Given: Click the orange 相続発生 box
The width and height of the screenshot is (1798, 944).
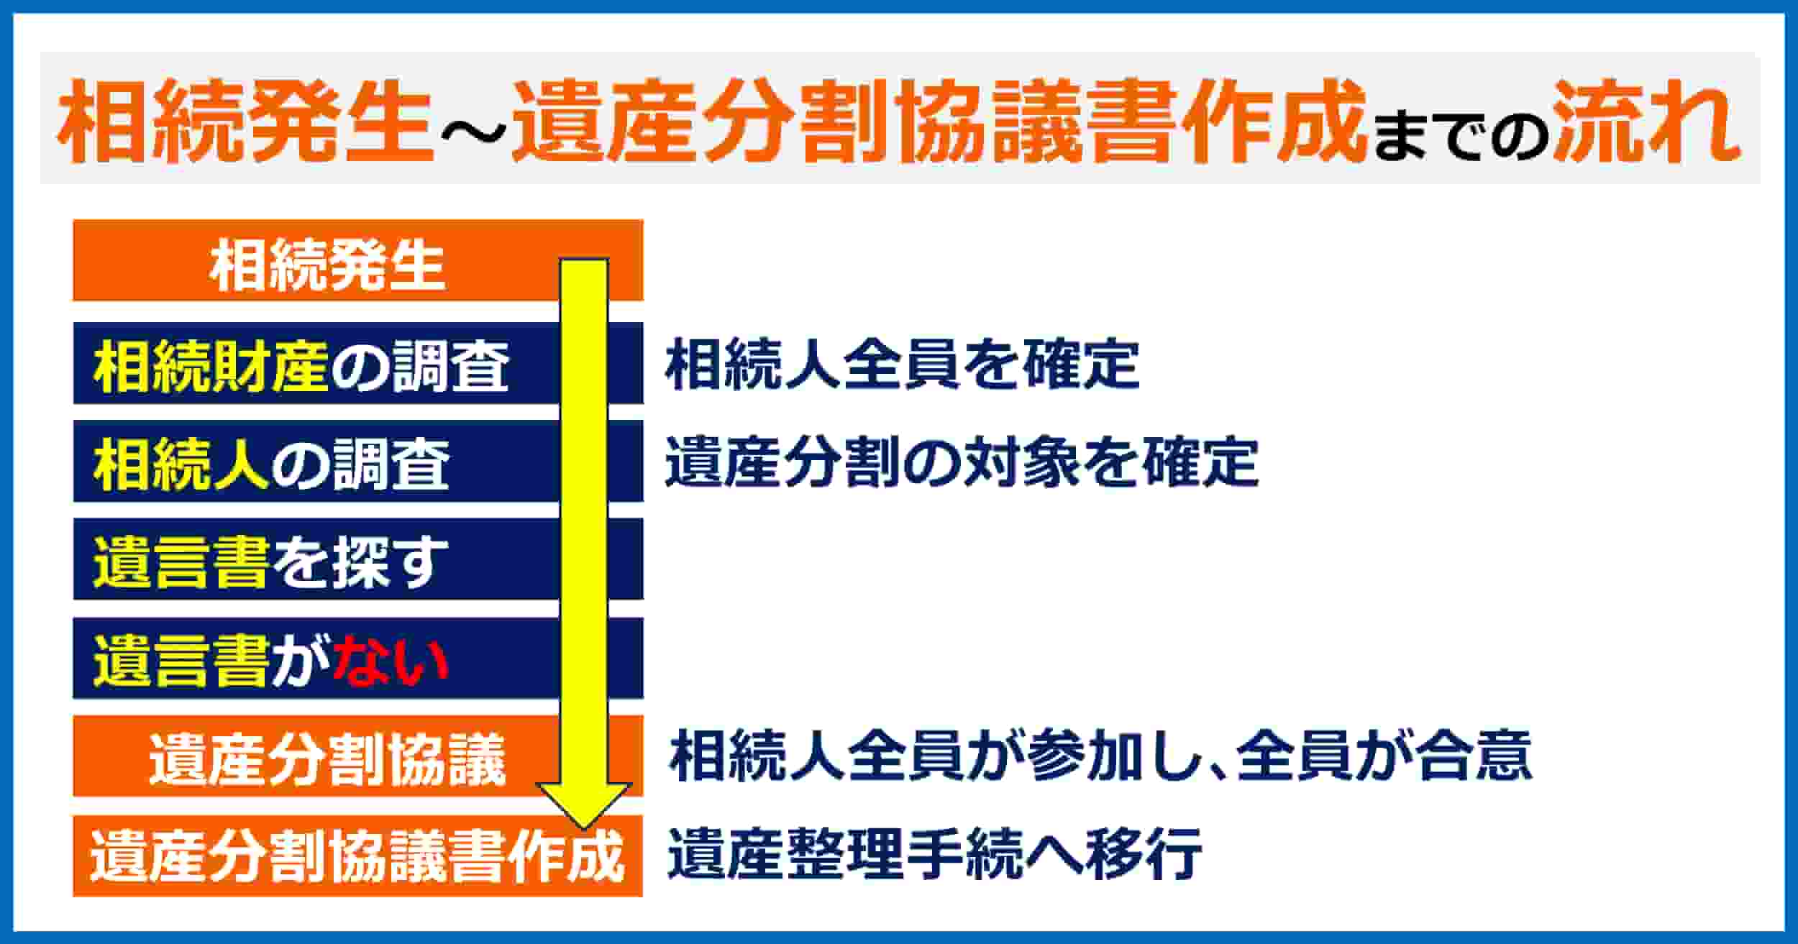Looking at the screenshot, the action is [x=357, y=260].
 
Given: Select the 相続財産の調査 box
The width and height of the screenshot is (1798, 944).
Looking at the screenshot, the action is [x=357, y=363].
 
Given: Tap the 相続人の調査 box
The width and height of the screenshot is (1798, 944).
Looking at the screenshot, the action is [x=357, y=461].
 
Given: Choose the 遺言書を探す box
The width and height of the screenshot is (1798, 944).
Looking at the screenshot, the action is [x=357, y=559].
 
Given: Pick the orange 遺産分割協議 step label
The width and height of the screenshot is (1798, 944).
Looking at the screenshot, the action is [x=327, y=760].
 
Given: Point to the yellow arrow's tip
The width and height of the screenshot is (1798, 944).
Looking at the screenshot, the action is [x=583, y=828].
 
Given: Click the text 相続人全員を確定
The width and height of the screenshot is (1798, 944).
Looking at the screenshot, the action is [x=903, y=365].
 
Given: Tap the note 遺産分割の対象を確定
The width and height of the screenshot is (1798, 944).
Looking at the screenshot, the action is [x=962, y=462].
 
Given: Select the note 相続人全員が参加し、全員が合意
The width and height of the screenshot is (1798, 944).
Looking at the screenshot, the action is [x=1100, y=756].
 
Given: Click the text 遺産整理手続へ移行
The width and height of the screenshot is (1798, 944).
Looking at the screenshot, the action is [x=934, y=854].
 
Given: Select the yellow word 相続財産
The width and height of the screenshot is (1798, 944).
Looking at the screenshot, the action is [x=211, y=366].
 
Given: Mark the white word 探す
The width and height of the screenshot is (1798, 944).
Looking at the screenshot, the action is [x=389, y=562].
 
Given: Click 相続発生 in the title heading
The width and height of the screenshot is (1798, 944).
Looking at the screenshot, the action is [x=245, y=120].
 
